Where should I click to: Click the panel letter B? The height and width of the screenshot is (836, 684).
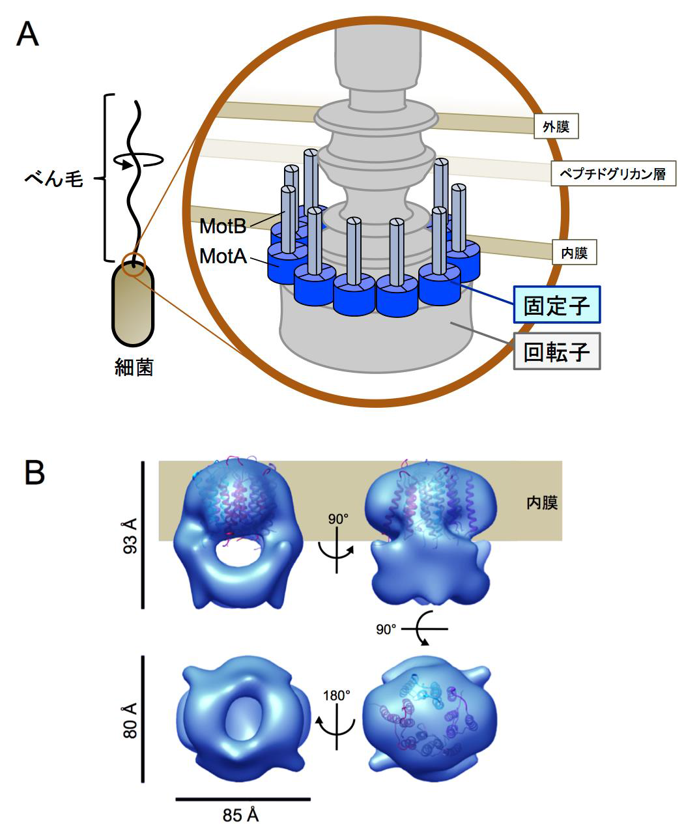click(x=34, y=474)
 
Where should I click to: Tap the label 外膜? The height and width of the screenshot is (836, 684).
click(x=556, y=127)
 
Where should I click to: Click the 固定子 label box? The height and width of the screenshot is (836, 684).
click(x=556, y=304)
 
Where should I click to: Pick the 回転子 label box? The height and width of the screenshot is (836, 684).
click(x=556, y=352)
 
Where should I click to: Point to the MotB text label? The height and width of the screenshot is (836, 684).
click(x=222, y=226)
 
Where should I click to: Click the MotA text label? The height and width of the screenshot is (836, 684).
click(x=223, y=256)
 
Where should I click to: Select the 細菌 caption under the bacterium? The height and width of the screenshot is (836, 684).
click(x=133, y=368)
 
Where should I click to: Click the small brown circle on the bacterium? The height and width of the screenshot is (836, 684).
click(x=134, y=264)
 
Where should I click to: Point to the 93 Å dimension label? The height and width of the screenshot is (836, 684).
click(x=130, y=536)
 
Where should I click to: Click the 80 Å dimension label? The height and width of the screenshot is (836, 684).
click(x=130, y=720)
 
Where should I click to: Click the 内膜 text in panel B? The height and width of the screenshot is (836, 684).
click(x=542, y=502)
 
